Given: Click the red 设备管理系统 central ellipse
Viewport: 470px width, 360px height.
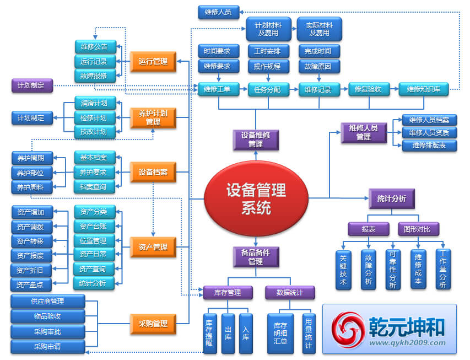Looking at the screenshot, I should tap(256, 199).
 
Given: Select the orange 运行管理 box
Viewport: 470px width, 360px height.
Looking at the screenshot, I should tap(153, 62).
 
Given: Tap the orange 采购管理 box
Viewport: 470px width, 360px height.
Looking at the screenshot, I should tap(153, 324).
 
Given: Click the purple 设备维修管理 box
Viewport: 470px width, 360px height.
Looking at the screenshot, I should tap(255, 140).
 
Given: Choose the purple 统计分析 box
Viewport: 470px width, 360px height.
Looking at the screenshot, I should tap(391, 198).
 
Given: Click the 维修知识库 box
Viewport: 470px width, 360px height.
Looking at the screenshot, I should tap(424, 89).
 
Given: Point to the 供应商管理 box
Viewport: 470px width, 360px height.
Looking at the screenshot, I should tap(48, 302).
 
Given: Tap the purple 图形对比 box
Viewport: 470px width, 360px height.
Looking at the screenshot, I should tap(417, 228).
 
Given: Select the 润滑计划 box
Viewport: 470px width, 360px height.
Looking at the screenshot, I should tap(94, 103).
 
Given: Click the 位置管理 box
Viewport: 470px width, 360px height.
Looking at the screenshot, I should tap(94, 241).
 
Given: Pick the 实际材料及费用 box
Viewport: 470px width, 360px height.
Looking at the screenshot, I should tap(319, 29).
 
